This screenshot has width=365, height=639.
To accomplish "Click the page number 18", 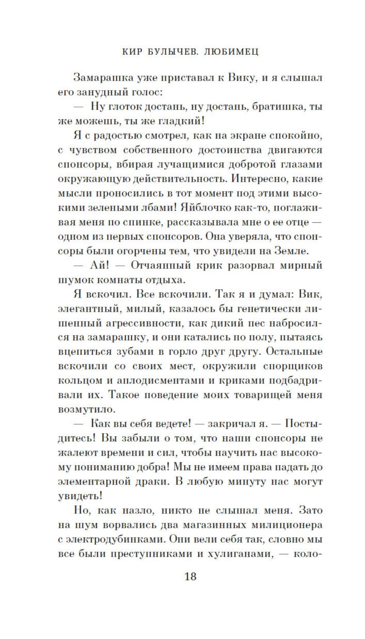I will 190,577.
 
